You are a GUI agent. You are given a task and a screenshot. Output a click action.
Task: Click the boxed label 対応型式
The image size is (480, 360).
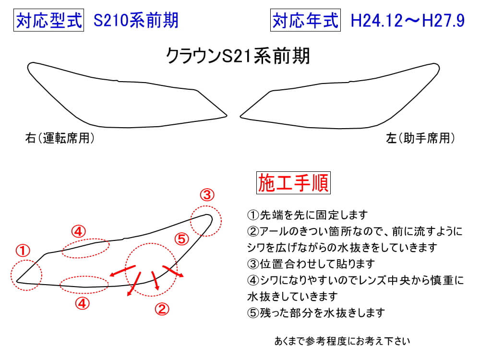pyautogui.click(x=48, y=21)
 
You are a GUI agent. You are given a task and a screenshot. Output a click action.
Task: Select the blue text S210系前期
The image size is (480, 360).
pyautogui.click(x=136, y=21)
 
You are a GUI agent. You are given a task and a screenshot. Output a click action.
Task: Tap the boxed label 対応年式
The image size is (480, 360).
pyautogui.click(x=305, y=21)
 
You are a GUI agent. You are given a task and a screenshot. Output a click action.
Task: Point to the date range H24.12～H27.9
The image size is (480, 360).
pyautogui.click(x=408, y=21)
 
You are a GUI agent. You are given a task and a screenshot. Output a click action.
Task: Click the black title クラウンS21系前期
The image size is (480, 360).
pyautogui.click(x=238, y=56)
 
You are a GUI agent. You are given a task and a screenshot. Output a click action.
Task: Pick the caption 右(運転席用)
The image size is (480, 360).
pyautogui.click(x=60, y=138)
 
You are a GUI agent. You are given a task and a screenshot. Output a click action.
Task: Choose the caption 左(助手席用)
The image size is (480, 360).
pyautogui.click(x=420, y=138)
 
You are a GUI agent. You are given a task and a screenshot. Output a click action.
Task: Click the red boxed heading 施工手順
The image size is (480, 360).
pyautogui.click(x=293, y=183)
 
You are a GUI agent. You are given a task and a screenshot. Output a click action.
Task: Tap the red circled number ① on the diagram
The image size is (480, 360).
pyautogui.click(x=23, y=251)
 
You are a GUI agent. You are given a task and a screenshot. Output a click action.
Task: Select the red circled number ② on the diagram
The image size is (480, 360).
pyautogui.click(x=162, y=309)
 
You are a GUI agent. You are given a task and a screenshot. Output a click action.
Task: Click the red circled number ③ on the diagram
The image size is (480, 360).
pyautogui.click(x=207, y=195)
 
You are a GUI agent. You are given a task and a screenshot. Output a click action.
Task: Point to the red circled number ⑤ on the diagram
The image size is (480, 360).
pyautogui.click(x=182, y=239)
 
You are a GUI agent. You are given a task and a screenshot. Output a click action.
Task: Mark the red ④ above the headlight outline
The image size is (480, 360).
pyautogui.click(x=78, y=231)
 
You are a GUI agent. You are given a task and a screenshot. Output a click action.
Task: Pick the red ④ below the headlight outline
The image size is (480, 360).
pyautogui.click(x=83, y=304)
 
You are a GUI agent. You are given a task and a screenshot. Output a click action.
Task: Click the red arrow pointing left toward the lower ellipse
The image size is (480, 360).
pyautogui.click(x=122, y=271)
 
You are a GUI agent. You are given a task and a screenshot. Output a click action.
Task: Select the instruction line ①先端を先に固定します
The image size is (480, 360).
pyautogui.click(x=307, y=215)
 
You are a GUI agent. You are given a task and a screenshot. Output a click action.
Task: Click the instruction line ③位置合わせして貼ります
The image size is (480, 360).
pyautogui.click(x=311, y=264)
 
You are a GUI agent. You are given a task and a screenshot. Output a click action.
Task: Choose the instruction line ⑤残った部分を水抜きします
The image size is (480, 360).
pyautogui.click(x=316, y=312)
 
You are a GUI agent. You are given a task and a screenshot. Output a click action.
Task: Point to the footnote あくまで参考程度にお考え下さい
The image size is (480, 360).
pyautogui.click(x=342, y=341)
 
